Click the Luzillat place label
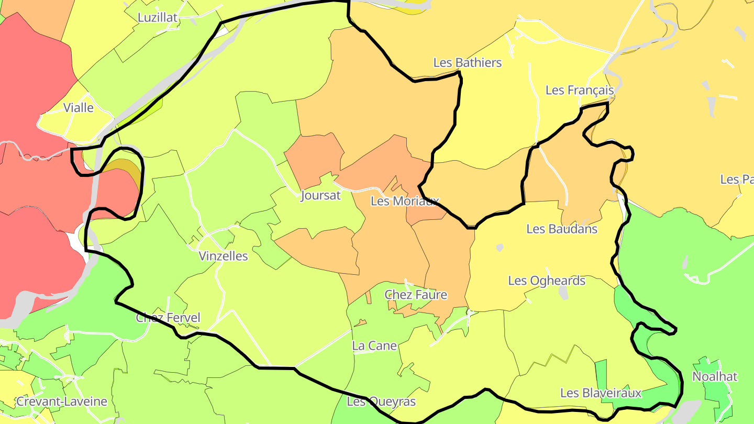[x=158, y=17]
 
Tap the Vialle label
[x=79, y=108]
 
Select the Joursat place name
[x=320, y=196]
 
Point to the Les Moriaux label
[x=404, y=201]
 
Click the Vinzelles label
[x=223, y=256]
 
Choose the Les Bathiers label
[x=467, y=63]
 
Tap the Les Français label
[x=579, y=90]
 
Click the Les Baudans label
[x=562, y=229]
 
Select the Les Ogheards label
[x=547, y=281]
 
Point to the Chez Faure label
[x=416, y=295]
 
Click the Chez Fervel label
[x=168, y=318]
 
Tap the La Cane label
[x=374, y=346]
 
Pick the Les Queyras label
[x=381, y=401]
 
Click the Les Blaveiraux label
[x=601, y=393]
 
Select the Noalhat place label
[x=715, y=376]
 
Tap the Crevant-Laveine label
[x=62, y=401]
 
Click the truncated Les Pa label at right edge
[x=737, y=180]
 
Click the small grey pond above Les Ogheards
[x=500, y=247]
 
